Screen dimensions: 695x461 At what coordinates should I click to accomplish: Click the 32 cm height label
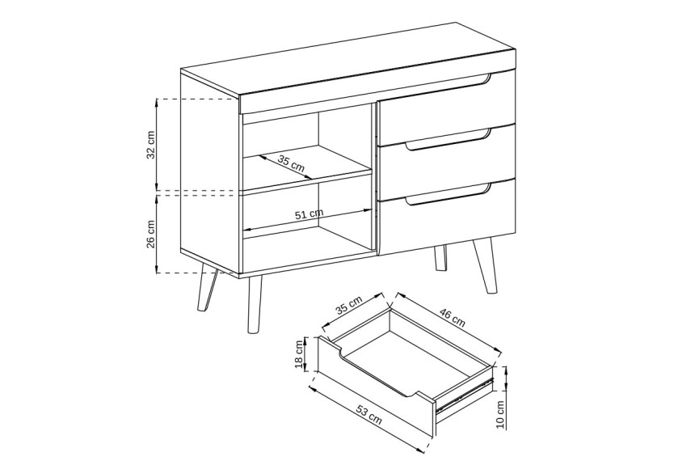[151, 145]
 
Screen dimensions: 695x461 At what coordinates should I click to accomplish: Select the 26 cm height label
[151, 234]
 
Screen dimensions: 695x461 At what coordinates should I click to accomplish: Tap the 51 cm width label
[309, 214]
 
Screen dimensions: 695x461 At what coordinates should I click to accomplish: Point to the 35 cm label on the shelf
[292, 163]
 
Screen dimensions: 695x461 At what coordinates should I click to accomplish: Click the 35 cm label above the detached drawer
[349, 305]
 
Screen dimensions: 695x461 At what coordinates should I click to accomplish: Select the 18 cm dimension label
[300, 354]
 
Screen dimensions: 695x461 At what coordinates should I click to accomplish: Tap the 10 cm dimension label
[500, 414]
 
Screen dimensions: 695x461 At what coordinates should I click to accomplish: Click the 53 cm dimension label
[369, 415]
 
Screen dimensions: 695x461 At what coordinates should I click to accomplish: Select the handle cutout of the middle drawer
[448, 141]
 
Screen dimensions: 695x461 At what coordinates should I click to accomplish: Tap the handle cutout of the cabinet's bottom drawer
[448, 195]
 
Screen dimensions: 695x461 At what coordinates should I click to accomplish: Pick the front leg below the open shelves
[255, 304]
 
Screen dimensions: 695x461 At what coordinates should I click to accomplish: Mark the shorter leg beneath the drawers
[440, 257]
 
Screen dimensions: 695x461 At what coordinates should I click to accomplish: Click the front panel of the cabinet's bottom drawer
[447, 218]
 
